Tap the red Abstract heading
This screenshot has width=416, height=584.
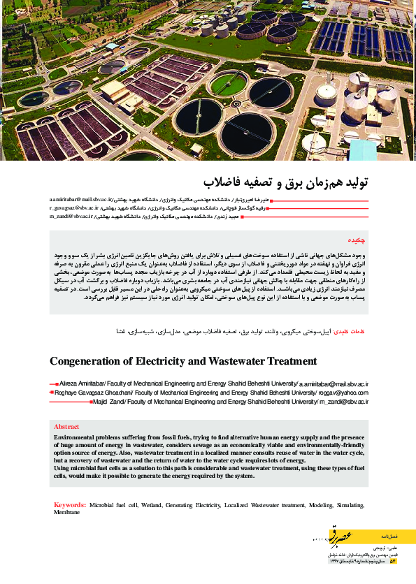67,426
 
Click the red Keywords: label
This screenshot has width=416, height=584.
70,504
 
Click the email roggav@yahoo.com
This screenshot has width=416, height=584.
343,393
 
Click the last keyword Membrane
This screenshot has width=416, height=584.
67,512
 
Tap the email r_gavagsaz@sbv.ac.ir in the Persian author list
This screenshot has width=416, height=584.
74,208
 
